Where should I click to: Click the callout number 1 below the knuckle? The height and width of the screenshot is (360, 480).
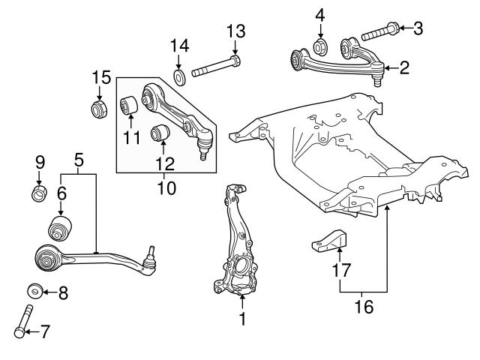click(x=241, y=318)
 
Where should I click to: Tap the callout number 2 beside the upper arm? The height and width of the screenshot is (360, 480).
click(x=404, y=69)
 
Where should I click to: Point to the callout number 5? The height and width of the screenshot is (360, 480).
click(x=79, y=159)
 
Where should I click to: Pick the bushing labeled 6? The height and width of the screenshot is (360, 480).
click(x=60, y=226)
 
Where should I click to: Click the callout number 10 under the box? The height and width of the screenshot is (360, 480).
click(x=166, y=187)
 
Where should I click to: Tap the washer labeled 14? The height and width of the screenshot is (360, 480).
click(x=179, y=77)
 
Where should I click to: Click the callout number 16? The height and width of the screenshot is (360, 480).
click(x=363, y=306)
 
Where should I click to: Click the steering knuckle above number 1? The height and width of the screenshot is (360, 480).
click(x=238, y=247)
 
